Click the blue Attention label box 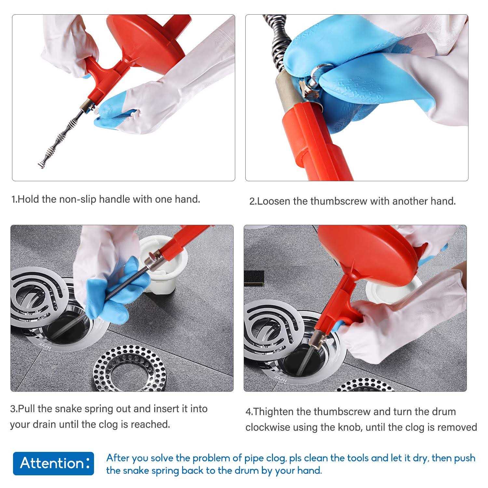click(x=53, y=464)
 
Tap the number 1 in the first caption click(x=14, y=199)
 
